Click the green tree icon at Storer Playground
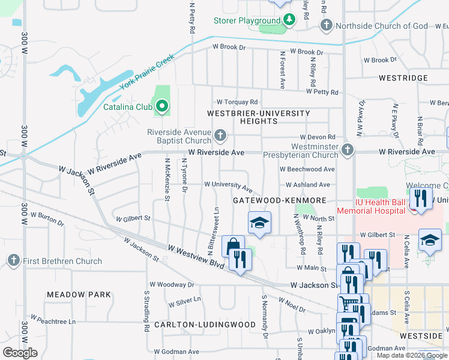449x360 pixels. tap(289, 20)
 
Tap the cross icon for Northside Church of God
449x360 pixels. tap(326, 25)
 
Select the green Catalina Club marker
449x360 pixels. tap(161, 108)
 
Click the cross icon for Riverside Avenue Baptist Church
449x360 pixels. tap(221, 136)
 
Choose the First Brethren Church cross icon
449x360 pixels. tap(13, 261)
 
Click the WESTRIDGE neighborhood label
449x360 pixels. tap(403, 78)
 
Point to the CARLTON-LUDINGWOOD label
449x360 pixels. tap(196, 325)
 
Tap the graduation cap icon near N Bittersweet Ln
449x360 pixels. tap(259, 223)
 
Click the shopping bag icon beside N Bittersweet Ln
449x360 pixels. tap(232, 245)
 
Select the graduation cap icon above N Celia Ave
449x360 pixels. tap(429, 241)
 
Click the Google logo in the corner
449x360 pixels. tap(20, 353)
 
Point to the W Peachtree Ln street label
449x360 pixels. tap(53, 321)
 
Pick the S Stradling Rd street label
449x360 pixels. tap(146, 311)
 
